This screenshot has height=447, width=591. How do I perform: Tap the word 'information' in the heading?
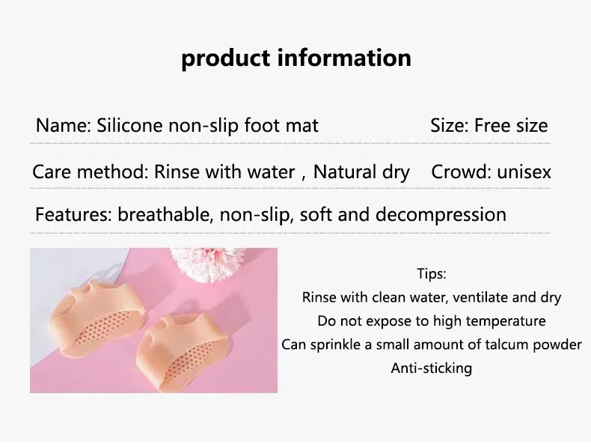point(344,58)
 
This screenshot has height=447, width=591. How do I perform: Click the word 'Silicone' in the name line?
point(129,125)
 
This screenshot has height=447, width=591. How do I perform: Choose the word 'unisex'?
point(524,172)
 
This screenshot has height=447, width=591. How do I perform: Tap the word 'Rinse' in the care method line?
point(177,172)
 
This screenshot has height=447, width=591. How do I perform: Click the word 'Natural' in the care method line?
point(344,172)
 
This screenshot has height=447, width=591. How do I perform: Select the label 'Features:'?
point(73,214)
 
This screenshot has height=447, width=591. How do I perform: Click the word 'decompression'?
point(441,216)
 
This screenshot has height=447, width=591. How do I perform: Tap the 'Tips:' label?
point(432,273)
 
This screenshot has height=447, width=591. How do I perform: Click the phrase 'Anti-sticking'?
point(431,368)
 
